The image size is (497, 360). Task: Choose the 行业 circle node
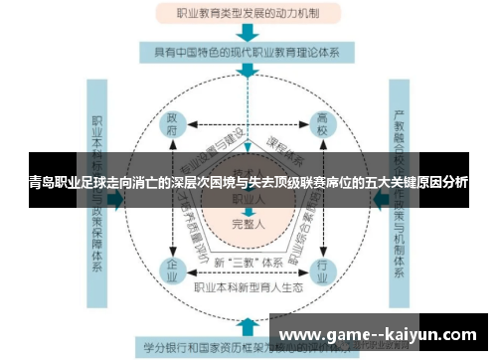321,268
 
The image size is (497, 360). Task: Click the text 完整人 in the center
248,223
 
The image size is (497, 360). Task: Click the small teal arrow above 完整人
248,210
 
